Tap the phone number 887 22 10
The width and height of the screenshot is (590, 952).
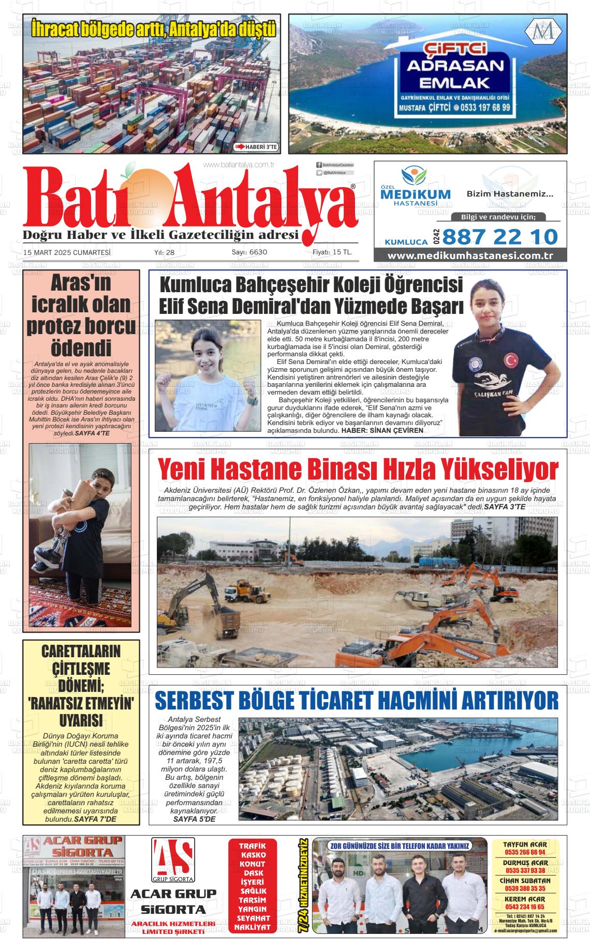pos(500,237)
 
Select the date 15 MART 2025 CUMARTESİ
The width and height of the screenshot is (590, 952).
pos(67,253)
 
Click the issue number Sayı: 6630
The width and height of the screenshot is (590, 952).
pos(249,253)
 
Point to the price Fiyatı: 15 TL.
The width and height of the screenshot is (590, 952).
pos(332,253)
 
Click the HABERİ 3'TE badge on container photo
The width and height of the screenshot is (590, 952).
pos(257,147)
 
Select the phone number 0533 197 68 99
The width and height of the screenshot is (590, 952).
pos(485,108)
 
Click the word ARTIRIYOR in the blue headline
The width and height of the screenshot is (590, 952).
pos(506,701)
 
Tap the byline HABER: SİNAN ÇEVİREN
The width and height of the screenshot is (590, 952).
pos(382,430)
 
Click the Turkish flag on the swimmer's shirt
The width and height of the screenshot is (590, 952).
pos(511,358)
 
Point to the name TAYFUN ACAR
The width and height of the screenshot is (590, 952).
pos(525,844)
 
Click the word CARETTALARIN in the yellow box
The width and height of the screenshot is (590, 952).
pos(81,651)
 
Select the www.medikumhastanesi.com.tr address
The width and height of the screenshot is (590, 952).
pos(470,256)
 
